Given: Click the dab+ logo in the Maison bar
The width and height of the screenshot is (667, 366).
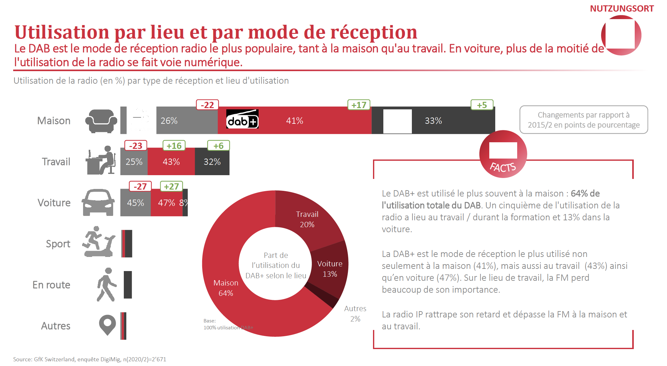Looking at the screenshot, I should pos(242,119).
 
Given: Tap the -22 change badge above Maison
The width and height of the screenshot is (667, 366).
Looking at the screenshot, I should pos(207,105).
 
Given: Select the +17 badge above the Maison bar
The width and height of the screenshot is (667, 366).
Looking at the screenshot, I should pos(359,105).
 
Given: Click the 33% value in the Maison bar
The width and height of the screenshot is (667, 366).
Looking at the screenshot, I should pos(433,121).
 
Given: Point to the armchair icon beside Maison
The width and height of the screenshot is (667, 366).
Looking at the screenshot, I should pos(101,121).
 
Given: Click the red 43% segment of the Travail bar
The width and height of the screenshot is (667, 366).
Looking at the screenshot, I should pos(171,162).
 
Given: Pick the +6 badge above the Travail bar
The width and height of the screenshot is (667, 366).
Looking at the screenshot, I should pos(218,146).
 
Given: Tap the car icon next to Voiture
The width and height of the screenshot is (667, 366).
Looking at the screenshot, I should pos(98,202).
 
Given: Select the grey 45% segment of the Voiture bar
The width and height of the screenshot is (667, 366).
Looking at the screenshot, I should pos(135,203).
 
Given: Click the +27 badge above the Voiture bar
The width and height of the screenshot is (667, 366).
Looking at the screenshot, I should pos(171,186).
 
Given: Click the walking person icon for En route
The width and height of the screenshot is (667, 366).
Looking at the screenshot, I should pos(107,285).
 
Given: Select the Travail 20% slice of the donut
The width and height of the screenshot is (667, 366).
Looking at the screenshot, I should pos(307,219).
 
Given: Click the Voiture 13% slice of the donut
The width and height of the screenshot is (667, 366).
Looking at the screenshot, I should pos(330,269).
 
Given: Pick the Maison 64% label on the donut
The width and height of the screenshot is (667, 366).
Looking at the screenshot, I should pos(226,288).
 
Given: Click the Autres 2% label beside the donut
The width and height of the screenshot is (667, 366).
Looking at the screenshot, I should pos(355,314).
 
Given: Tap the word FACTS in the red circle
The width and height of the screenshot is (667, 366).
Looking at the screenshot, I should pos(503,167).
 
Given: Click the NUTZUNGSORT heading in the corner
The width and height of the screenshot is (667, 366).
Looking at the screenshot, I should pos(622,8).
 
